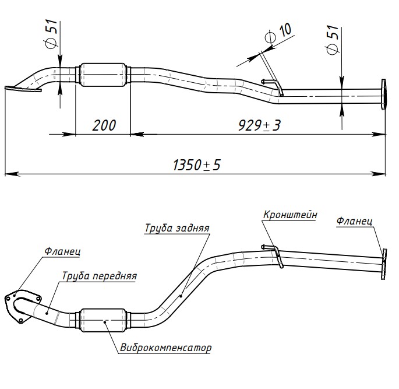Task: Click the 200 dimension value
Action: [x=103, y=125]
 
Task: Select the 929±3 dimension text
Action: [x=259, y=125]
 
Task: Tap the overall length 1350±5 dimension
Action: [x=196, y=165]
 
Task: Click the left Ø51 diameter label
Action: [x=51, y=34]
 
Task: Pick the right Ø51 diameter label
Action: [x=333, y=40]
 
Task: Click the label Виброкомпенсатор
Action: [x=166, y=348]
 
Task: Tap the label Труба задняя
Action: [x=177, y=228]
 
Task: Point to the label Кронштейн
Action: [x=290, y=215]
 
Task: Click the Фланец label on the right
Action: [x=354, y=221]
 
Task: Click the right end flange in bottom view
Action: [x=384, y=264]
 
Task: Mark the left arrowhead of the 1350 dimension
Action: [x=8, y=173]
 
